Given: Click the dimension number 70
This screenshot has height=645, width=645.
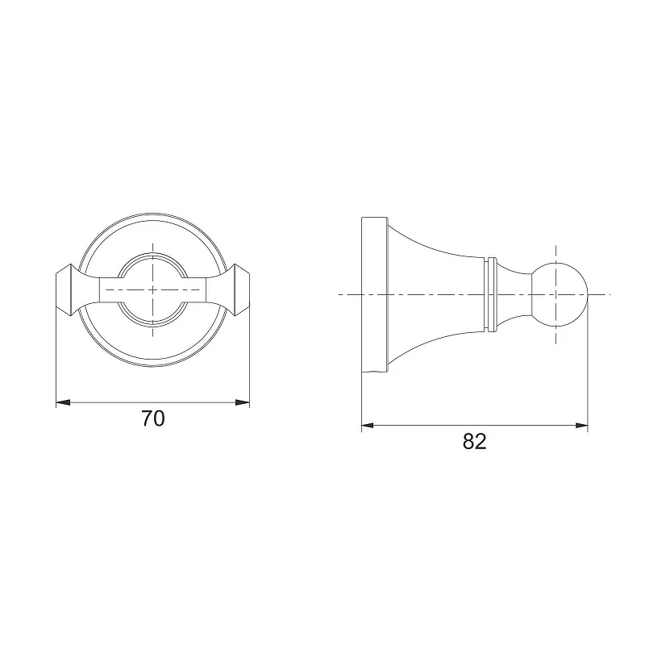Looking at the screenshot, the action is (x=153, y=418).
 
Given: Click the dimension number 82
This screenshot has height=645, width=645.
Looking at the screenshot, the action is (x=474, y=441).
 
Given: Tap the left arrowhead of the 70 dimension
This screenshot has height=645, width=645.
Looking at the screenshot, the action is (x=63, y=402).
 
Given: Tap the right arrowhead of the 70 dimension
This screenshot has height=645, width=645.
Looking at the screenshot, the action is (x=243, y=402).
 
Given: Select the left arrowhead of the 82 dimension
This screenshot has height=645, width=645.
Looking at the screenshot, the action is (x=368, y=426).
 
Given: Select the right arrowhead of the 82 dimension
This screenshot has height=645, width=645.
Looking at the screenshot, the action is (x=581, y=426).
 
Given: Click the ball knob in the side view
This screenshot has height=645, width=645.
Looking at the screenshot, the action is (x=560, y=294).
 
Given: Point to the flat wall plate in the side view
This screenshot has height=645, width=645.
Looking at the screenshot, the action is (x=374, y=294).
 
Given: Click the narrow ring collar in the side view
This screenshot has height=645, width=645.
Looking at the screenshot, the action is (x=489, y=294).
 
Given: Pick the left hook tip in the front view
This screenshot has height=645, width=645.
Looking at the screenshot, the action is (x=64, y=290).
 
